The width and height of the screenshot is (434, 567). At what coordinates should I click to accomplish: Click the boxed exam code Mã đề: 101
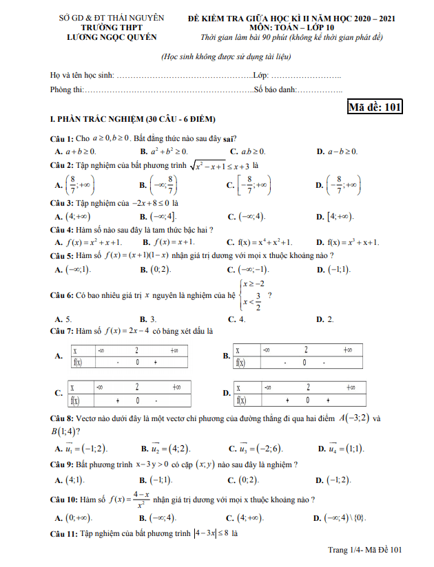click(x=375, y=107)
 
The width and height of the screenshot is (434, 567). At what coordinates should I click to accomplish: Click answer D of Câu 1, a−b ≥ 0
click(x=337, y=151)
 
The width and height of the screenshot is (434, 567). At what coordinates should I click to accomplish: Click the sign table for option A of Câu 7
click(x=134, y=356)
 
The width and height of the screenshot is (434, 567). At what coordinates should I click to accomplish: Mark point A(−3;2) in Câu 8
click(x=354, y=418)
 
